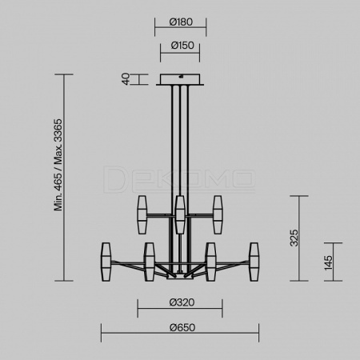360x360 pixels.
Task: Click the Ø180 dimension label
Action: click(181, 22)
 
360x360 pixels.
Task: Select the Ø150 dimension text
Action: click(182, 46)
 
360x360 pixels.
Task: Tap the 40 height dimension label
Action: click(126, 79)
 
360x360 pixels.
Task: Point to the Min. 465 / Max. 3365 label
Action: click(58, 165)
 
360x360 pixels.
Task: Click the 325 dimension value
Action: click(294, 238)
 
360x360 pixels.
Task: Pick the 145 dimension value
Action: click(329, 262)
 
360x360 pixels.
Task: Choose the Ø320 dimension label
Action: click(182, 302)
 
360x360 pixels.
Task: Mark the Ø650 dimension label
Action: click(182, 327)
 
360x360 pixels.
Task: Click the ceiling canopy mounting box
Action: click(180, 80)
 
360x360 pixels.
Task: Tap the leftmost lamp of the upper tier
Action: click(142, 215)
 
